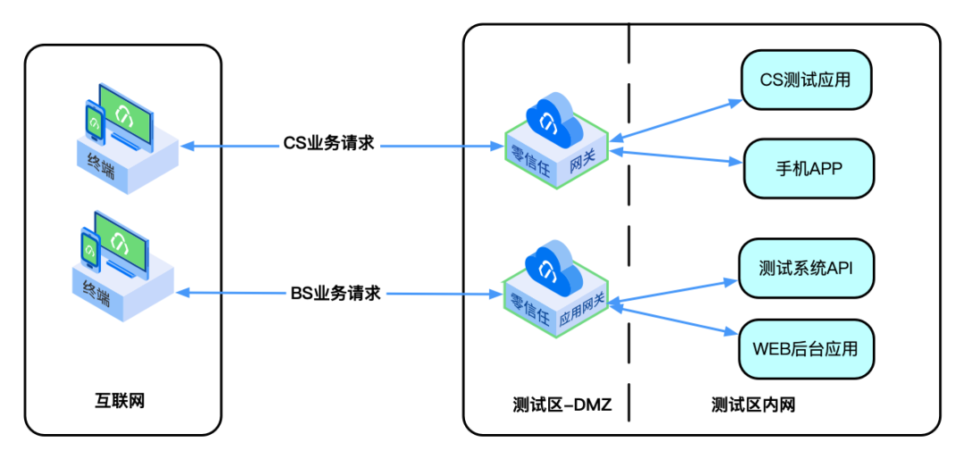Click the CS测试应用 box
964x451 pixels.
[x=805, y=79]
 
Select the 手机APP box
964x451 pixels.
[x=809, y=167]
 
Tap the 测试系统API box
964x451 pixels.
[x=805, y=268]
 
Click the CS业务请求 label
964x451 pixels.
[x=328, y=144]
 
